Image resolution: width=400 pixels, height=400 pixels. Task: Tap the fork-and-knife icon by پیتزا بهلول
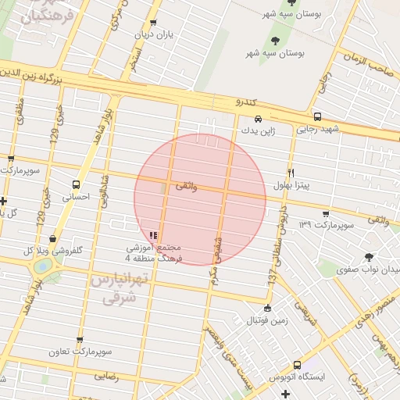[291, 172]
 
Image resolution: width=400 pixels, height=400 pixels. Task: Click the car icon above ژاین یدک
[258, 120]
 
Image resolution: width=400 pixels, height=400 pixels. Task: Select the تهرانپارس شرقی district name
[114, 287]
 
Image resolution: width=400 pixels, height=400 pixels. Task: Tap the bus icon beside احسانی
[75, 185]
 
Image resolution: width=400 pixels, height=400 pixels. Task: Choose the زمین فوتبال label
[267, 321]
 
